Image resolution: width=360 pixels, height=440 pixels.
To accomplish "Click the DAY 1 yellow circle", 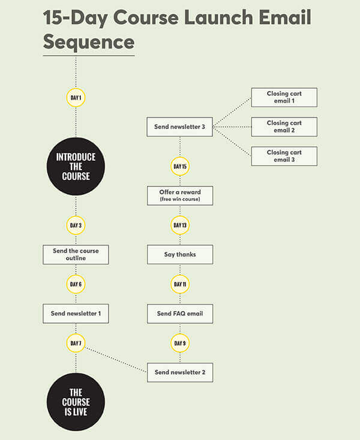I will point(76,98).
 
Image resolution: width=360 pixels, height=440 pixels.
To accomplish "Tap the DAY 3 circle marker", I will point(76,225).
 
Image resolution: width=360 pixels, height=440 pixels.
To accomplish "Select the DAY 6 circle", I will point(76,284).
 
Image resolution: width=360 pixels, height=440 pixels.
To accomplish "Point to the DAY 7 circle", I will point(76,343).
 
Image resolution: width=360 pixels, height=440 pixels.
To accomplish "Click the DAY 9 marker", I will point(180,343).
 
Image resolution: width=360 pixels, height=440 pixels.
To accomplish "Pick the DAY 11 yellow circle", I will point(180,284).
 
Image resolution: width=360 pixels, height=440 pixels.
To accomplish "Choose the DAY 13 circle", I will point(180,225).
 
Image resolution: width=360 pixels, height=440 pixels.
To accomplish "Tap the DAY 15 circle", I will point(180,166).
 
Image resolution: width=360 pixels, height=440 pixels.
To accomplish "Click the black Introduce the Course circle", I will point(76,166).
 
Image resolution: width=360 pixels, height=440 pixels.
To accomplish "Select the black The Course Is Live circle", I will point(76,402).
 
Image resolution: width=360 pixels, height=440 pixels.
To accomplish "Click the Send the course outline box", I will point(76,254).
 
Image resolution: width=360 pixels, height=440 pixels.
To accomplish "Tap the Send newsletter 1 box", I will point(76,314).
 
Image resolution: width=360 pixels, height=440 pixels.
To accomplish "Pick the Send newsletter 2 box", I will point(180,372).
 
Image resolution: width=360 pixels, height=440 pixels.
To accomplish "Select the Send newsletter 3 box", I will point(180,127).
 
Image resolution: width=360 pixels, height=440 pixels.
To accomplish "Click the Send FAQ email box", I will point(180,314).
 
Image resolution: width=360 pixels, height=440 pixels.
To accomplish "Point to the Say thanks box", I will point(180,254).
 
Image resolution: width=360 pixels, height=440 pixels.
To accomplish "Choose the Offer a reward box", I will point(180,195).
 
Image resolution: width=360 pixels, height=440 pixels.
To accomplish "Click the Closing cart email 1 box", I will point(284,97).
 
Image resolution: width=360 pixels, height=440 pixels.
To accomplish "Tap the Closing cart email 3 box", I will point(284,156).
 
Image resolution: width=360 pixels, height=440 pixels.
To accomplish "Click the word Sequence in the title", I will point(89,42).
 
